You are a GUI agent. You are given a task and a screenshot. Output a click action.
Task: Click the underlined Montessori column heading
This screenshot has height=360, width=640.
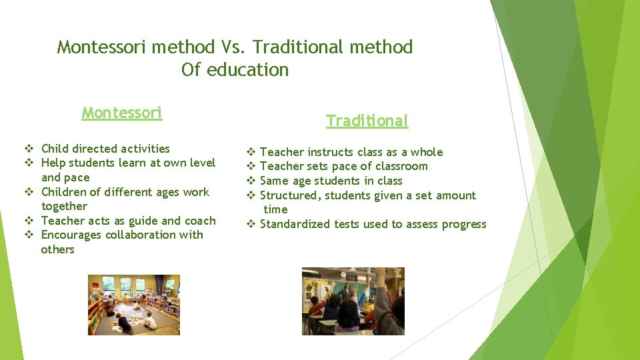click(121, 113)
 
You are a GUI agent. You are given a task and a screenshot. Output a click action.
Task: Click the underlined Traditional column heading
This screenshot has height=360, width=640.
click(367, 121)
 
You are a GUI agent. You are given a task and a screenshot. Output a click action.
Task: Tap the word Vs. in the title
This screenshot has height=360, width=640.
click(233, 47)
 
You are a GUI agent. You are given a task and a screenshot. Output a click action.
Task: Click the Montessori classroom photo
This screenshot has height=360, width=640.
click(134, 305)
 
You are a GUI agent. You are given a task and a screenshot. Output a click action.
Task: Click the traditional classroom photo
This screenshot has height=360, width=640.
click(353, 301)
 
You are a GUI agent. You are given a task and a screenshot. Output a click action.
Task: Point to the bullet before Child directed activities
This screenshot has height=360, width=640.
click(29, 149)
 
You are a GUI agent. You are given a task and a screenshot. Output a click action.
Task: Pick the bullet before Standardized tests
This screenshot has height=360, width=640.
click(251, 225)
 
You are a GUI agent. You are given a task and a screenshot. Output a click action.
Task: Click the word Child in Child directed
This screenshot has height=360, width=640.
click(55, 149)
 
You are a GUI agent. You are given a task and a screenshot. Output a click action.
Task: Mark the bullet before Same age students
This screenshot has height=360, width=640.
click(251, 181)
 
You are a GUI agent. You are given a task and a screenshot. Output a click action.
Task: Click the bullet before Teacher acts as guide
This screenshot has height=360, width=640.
click(29, 221)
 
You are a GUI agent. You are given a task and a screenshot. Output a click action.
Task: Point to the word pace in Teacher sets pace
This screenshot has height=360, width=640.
click(353, 167)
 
